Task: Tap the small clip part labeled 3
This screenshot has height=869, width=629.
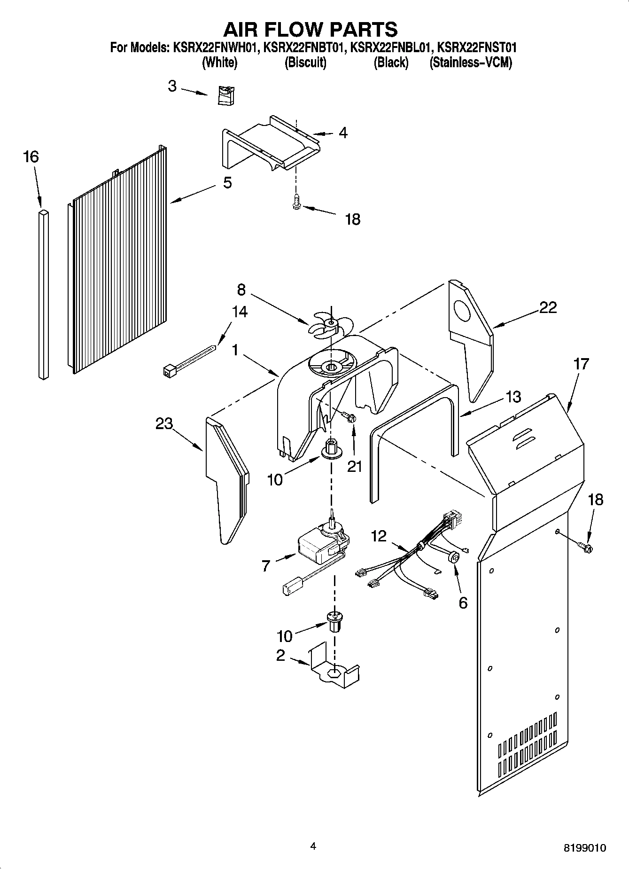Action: click(227, 95)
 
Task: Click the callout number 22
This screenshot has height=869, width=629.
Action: click(548, 308)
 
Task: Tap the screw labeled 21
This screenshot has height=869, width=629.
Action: click(349, 417)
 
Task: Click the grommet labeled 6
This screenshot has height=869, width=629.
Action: click(454, 557)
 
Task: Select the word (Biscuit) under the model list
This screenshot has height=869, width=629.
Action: click(305, 63)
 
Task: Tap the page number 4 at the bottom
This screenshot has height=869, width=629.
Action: click(313, 846)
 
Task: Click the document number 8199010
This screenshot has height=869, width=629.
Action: click(584, 848)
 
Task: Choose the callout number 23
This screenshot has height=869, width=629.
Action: click(164, 424)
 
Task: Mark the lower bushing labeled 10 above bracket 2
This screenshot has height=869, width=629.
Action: click(334, 621)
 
